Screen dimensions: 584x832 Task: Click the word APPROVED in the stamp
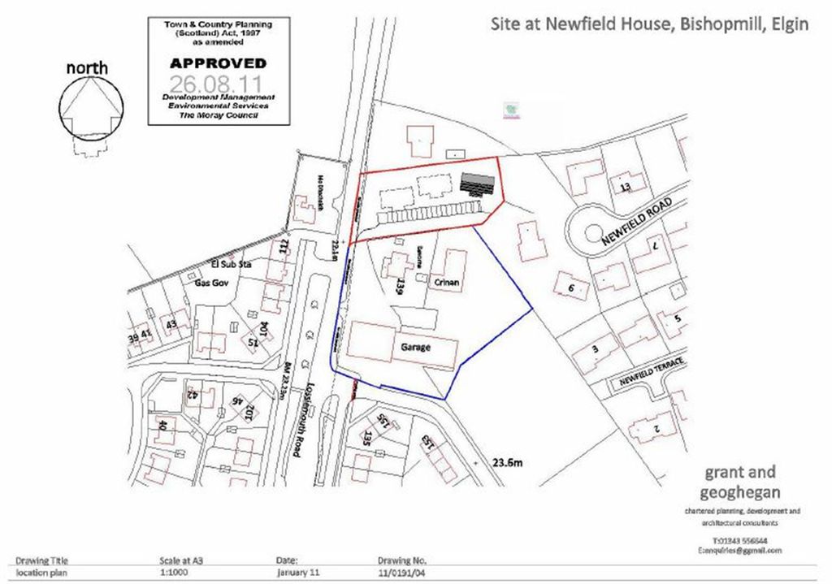click(x=217, y=63)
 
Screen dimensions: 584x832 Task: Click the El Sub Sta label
click(x=227, y=264)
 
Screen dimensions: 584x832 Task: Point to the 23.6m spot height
click(x=505, y=464)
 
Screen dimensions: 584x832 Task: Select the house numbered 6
click(x=572, y=288)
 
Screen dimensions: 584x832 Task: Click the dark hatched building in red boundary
click(x=478, y=183)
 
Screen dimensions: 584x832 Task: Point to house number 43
click(x=171, y=324)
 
